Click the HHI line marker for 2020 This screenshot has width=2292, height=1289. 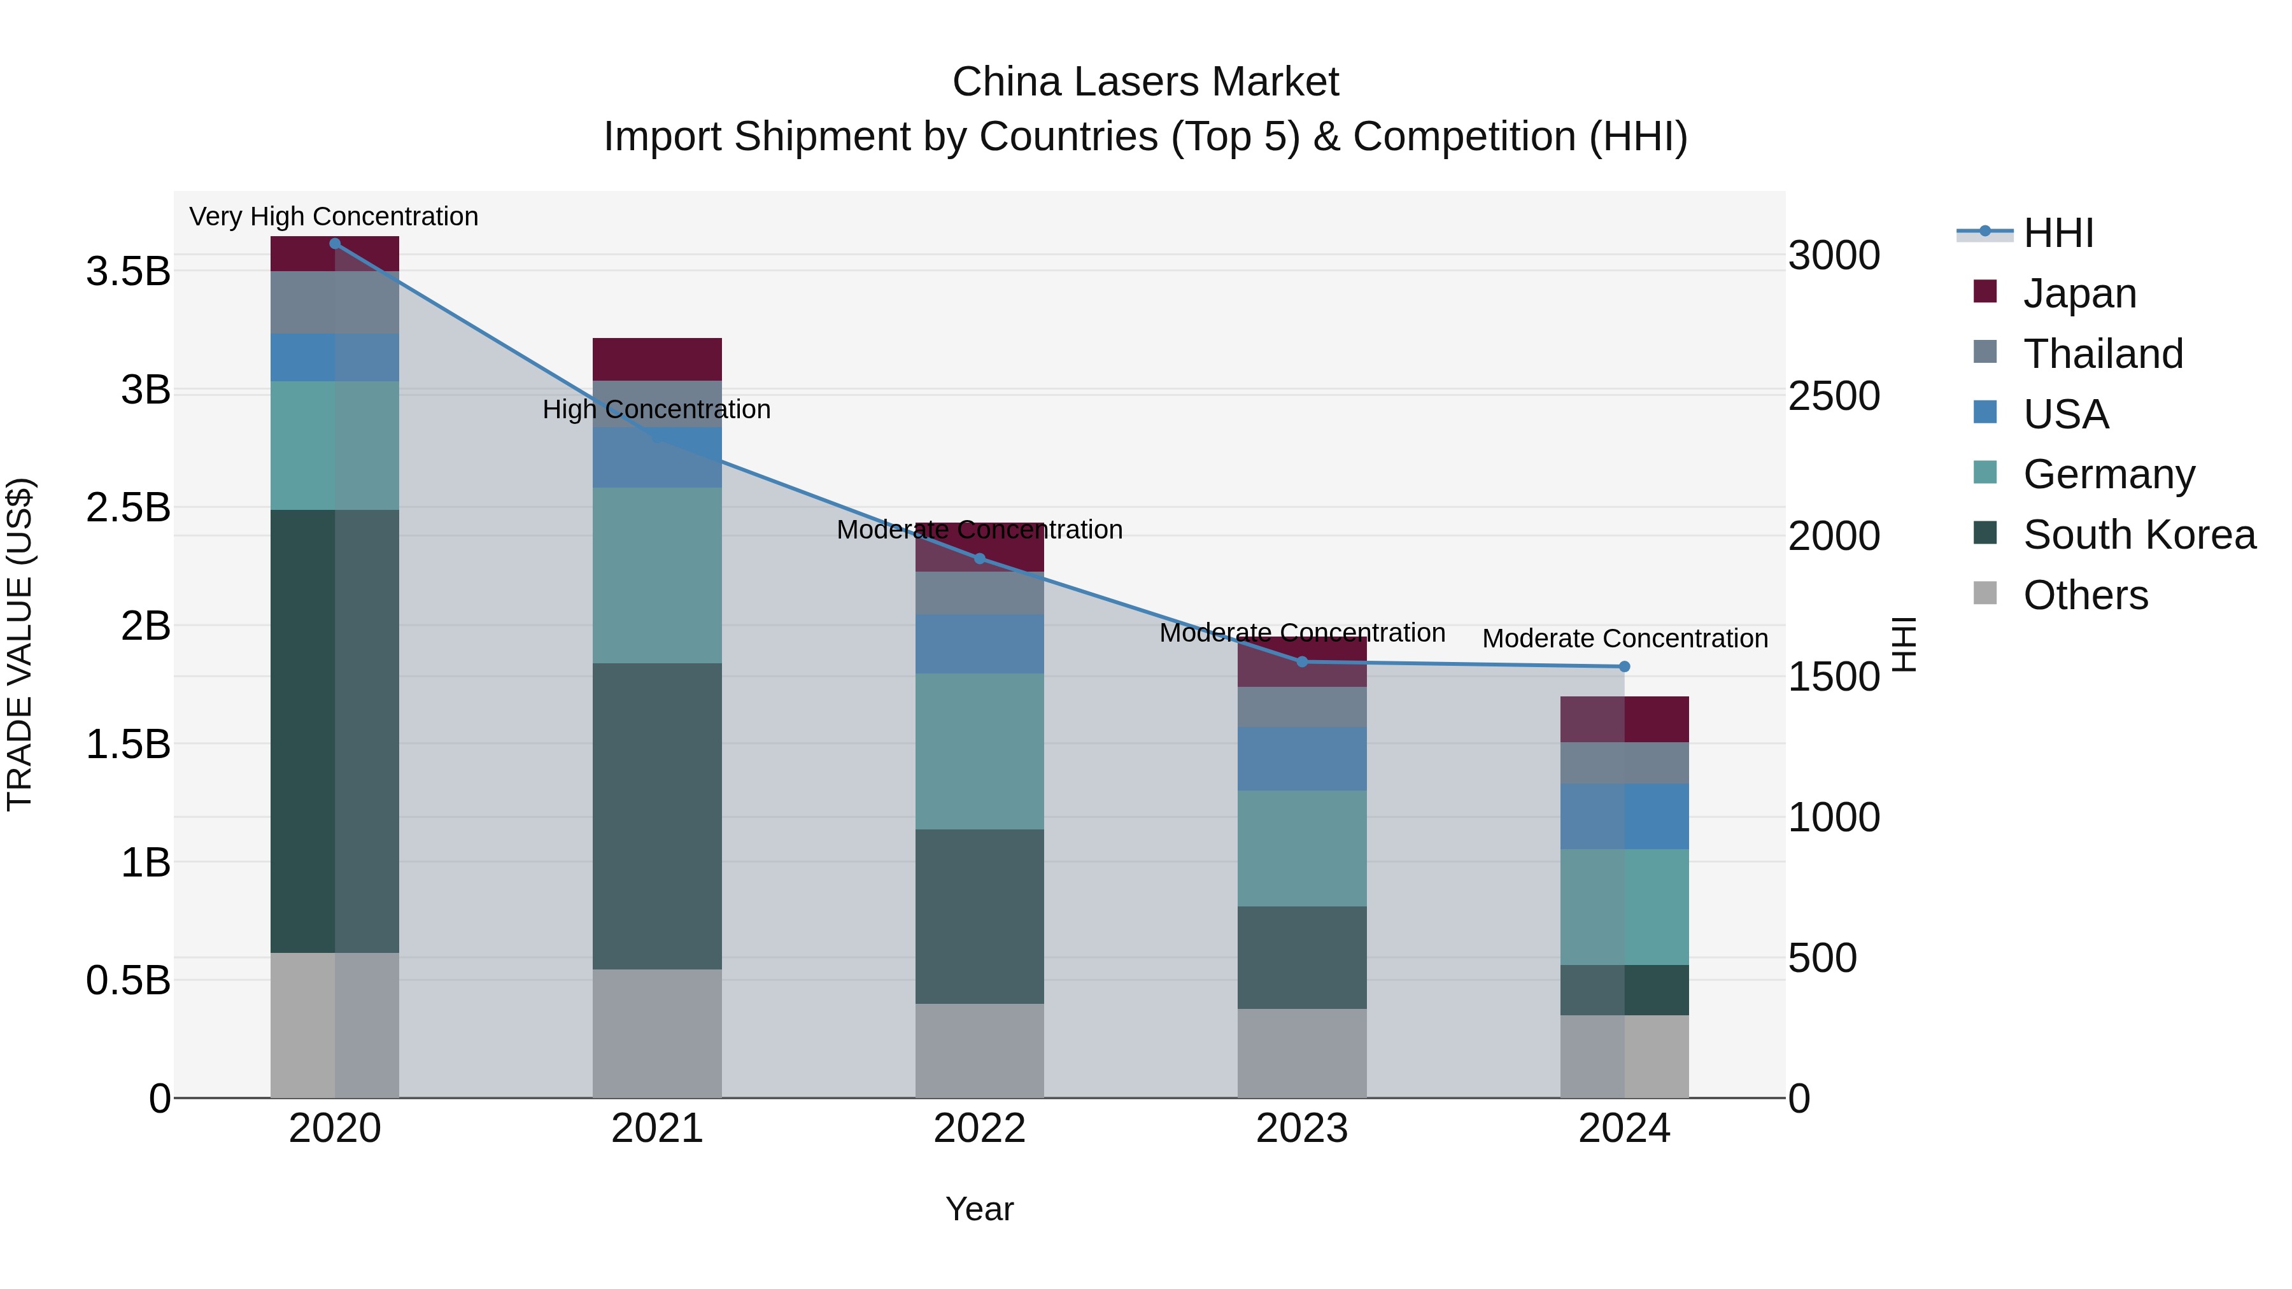tap(334, 244)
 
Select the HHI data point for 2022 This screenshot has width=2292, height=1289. tap(980, 559)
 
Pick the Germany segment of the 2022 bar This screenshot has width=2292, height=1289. tap(980, 751)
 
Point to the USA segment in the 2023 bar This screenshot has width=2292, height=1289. tap(1302, 759)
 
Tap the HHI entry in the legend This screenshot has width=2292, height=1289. tap(2058, 233)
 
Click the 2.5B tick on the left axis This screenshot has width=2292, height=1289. tap(128, 508)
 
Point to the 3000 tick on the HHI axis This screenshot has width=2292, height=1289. tap(1834, 256)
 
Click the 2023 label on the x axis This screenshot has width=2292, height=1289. tap(1302, 1129)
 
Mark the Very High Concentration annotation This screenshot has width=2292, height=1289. tap(334, 216)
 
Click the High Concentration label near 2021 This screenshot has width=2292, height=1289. tap(656, 409)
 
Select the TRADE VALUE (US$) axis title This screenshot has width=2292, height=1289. tap(20, 644)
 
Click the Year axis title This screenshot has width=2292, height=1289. tap(980, 1209)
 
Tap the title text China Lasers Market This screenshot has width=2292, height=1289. tap(1145, 82)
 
